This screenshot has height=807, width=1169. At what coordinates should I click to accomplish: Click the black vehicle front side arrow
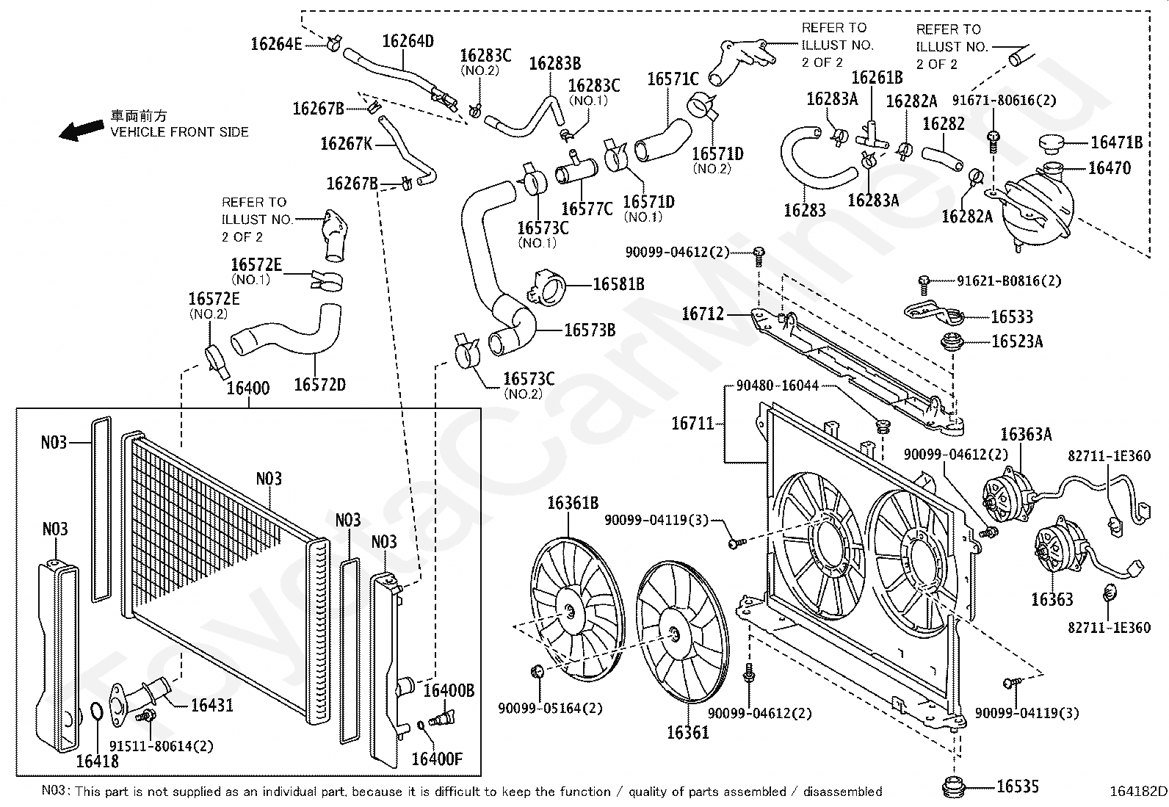point(82,129)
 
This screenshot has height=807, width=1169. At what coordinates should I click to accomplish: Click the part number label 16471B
point(1116,142)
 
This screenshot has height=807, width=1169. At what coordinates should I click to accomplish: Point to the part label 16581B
point(618,284)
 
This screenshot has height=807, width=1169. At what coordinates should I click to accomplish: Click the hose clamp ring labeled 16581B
point(548,286)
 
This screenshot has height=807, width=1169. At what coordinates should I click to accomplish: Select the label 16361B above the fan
point(573,503)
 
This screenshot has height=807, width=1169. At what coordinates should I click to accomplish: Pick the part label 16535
point(1018,786)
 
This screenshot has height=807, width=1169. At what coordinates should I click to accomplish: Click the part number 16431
point(212,705)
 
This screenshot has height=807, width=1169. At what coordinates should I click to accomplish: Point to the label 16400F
point(437,759)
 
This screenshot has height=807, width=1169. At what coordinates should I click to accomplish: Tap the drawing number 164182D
point(1138,792)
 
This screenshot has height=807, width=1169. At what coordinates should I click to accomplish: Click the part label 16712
point(703,314)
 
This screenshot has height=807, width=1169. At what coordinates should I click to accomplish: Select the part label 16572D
point(320,385)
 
